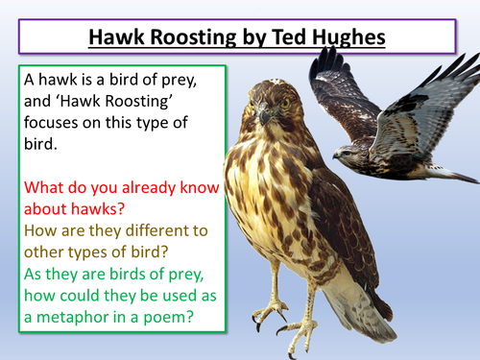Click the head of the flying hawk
[x=347, y=152]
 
